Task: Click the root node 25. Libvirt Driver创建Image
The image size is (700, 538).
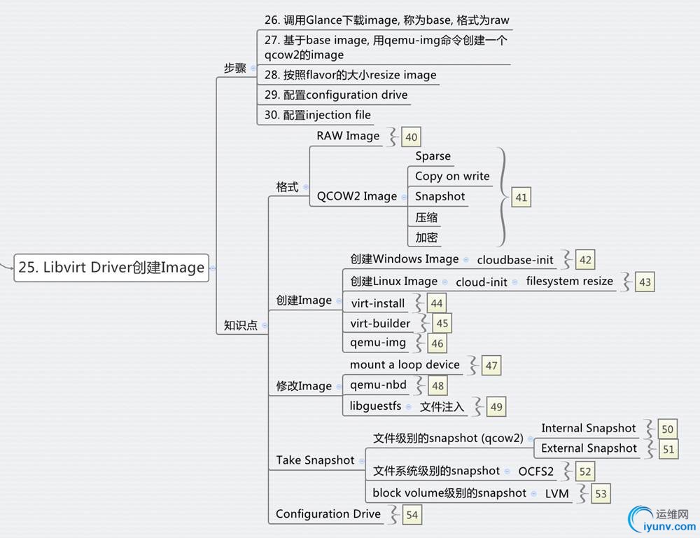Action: click(x=111, y=268)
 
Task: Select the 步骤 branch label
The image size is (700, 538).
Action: click(x=234, y=68)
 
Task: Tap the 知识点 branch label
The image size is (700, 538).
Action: click(x=240, y=325)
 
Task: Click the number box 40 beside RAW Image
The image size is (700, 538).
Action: click(x=411, y=138)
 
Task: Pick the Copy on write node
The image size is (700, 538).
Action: click(x=452, y=177)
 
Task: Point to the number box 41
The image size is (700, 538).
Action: click(x=521, y=198)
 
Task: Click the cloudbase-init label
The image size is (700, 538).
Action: click(x=515, y=260)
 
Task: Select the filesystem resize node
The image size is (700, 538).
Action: click(x=569, y=282)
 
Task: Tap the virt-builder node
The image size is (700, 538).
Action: click(x=380, y=323)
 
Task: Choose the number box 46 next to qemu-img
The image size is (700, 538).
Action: click(x=437, y=344)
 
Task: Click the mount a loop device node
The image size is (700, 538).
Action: click(x=405, y=365)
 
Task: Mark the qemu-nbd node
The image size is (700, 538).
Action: click(x=378, y=385)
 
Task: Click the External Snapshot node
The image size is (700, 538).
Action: click(x=589, y=448)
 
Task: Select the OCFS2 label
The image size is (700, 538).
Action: click(x=535, y=471)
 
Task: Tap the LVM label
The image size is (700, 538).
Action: click(x=557, y=493)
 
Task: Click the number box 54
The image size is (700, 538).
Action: click(x=412, y=515)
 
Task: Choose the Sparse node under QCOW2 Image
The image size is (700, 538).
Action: click(x=433, y=156)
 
